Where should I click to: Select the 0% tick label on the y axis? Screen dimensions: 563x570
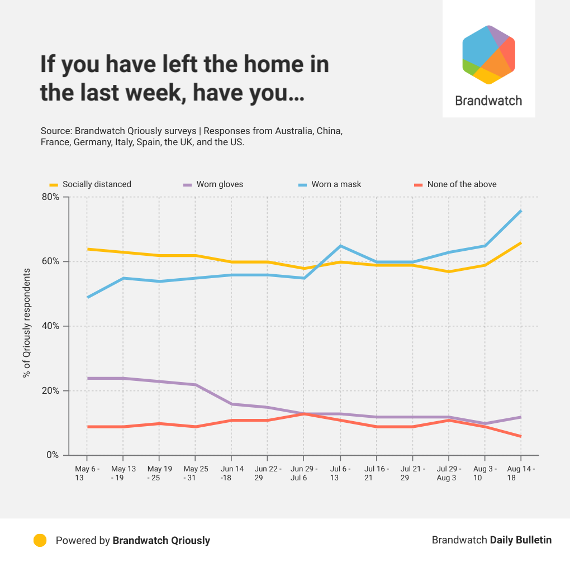click(x=53, y=455)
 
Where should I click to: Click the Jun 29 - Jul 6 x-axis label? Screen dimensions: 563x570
click(x=303, y=474)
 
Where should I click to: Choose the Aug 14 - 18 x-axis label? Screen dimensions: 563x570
click(x=521, y=474)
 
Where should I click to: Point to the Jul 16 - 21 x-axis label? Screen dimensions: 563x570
click(x=376, y=474)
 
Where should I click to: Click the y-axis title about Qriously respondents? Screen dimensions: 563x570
click(x=26, y=322)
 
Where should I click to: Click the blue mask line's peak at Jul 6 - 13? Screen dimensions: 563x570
click(x=340, y=246)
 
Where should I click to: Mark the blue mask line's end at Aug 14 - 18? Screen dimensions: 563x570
click(x=521, y=211)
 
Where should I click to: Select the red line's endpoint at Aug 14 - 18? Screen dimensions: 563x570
click(x=521, y=436)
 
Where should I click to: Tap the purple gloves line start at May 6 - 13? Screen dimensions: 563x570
click(x=87, y=378)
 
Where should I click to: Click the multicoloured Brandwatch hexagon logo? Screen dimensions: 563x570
click(x=488, y=55)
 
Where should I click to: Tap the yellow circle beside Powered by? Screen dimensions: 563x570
click(x=40, y=540)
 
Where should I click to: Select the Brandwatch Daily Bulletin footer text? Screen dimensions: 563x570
click(x=491, y=540)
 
